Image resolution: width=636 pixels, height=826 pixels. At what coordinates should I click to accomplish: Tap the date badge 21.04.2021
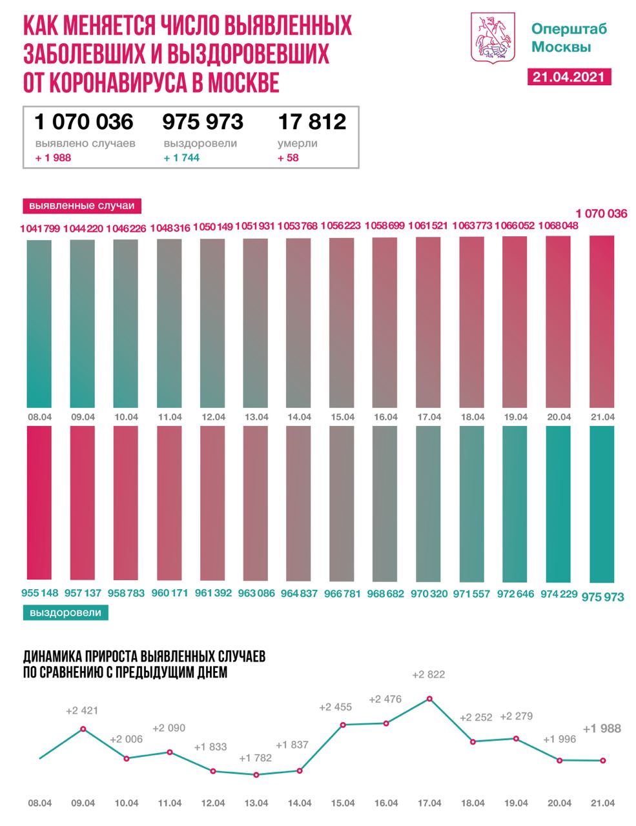(569, 76)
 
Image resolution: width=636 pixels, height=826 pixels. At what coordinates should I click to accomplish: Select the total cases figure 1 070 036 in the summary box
(84, 121)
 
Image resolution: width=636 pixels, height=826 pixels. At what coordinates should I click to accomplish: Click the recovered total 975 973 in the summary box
(203, 121)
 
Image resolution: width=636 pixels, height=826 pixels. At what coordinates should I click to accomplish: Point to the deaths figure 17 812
(312, 121)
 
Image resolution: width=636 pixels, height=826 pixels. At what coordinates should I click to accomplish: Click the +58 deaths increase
(289, 157)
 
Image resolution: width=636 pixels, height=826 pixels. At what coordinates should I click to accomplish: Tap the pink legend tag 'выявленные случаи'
(83, 206)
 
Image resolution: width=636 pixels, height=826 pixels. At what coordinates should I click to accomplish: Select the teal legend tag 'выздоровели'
(65, 612)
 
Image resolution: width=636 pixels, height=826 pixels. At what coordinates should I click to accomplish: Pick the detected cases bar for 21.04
(602, 321)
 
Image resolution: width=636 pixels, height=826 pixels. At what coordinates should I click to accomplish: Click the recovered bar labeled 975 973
(602, 503)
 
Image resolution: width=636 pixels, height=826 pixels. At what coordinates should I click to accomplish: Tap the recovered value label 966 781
(342, 593)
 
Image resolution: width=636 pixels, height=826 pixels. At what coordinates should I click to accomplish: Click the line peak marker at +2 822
(429, 698)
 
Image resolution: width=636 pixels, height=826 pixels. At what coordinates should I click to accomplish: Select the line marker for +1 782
(256, 774)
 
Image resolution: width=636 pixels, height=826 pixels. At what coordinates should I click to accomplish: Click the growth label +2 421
(81, 711)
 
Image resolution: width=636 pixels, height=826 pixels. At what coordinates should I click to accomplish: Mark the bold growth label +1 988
(601, 729)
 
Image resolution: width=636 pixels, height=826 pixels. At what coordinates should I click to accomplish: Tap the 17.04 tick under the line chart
(429, 803)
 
